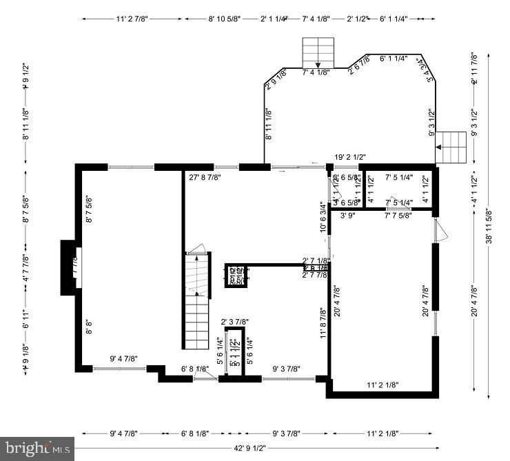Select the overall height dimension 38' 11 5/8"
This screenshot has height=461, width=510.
click(x=489, y=227)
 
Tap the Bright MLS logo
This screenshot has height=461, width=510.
click(x=37, y=449)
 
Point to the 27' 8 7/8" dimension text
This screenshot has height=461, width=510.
click(x=205, y=177)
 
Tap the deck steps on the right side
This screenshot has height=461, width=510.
click(x=451, y=147)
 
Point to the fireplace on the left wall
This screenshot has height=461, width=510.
click(x=71, y=267)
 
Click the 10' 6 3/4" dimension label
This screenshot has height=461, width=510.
click(x=322, y=217)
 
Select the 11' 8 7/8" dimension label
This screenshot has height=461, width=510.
click(x=322, y=322)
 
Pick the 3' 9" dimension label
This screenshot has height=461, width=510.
click(x=347, y=215)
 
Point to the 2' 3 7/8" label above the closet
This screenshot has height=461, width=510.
click(x=235, y=322)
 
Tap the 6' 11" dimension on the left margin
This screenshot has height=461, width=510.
click(x=25, y=327)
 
